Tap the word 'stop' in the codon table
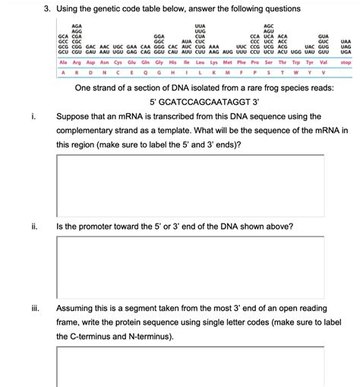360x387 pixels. pos(346,62)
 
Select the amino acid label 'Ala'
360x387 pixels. pos(64,62)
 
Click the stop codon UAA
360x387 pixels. pos(346,41)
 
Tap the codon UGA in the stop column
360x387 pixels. pos(346,52)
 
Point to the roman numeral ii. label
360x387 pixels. pos(35,227)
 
